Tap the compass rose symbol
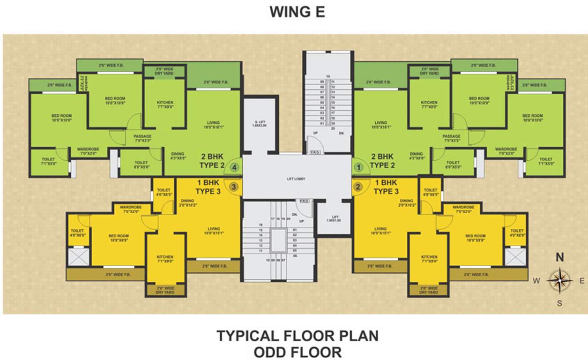559,280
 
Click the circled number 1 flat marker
359,166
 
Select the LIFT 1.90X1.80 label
333,218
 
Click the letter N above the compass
559,257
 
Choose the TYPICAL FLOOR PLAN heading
297,336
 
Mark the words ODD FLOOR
297,352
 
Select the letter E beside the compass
581,281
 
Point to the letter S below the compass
559,303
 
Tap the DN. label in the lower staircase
295,215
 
